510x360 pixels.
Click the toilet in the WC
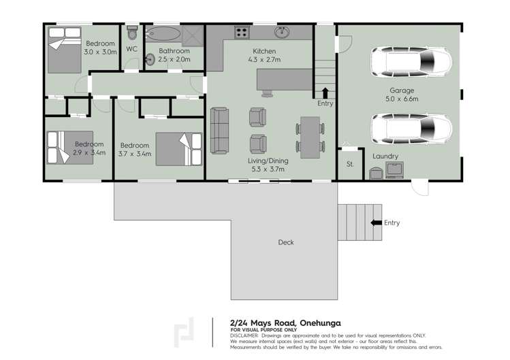(133, 33)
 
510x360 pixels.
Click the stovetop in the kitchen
(242, 31)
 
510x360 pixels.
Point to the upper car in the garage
(411, 63)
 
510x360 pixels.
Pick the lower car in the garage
(411, 127)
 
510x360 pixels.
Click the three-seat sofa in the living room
(219, 130)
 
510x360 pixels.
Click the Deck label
(286, 242)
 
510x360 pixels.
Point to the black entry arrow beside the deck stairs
(375, 223)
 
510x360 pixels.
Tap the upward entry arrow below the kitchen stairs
(325, 93)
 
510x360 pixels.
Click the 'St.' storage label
(350, 164)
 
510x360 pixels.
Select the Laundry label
(385, 156)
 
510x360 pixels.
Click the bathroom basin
(150, 59)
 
